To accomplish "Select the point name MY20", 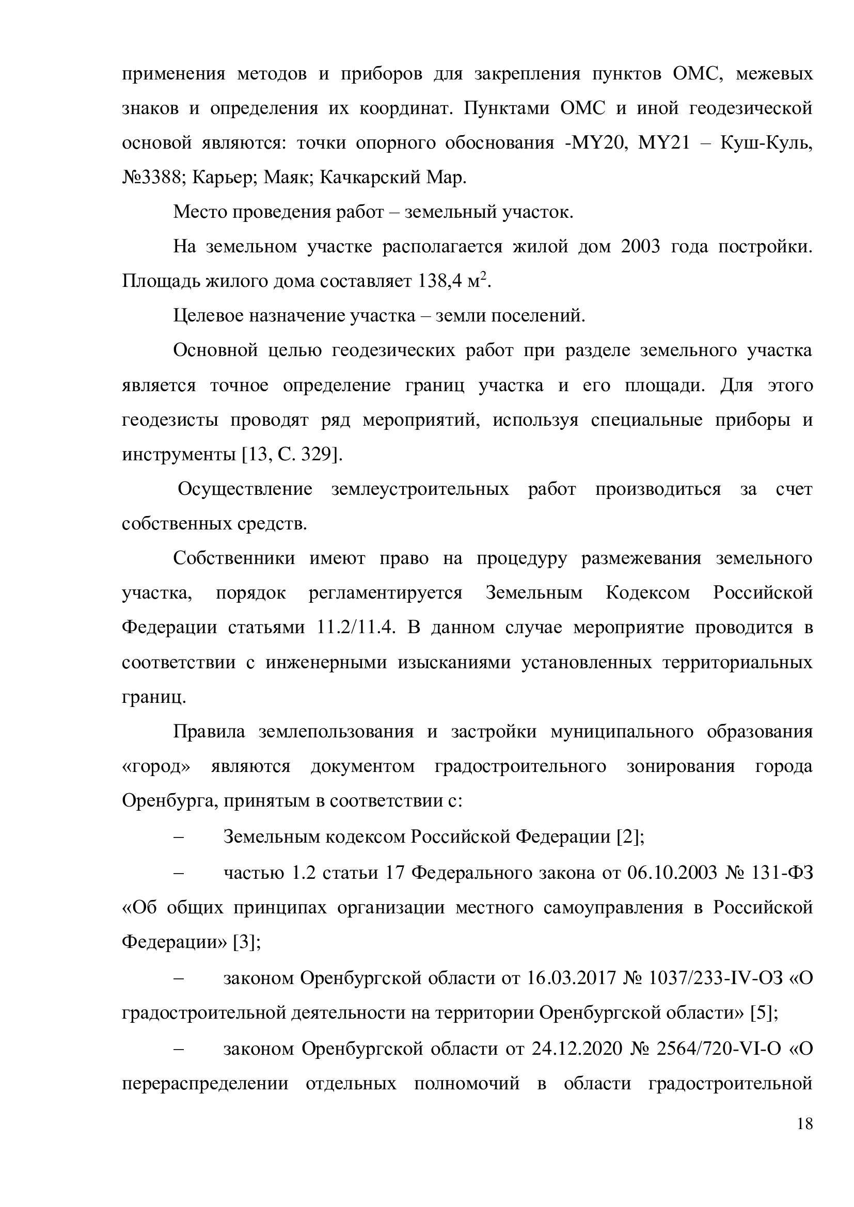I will tap(599, 143).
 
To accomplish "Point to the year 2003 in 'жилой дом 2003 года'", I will tap(640, 247).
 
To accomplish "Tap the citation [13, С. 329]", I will tap(291, 454).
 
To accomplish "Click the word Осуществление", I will tap(245, 489).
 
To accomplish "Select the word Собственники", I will tap(234, 558).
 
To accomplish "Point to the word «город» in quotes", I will tap(155, 766).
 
